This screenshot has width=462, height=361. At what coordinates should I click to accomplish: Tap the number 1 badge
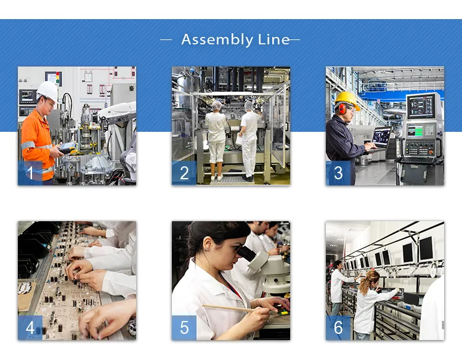pos(30,173)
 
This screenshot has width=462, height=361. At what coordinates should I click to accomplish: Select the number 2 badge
pos(184,173)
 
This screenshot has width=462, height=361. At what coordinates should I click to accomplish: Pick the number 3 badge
pos(338,173)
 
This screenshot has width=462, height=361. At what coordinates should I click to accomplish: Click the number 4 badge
pos(30,328)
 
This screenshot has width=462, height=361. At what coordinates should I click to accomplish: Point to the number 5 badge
pos(184,328)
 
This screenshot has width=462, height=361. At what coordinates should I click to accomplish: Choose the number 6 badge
pos(338,328)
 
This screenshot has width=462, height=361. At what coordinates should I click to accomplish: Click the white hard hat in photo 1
pos(47,90)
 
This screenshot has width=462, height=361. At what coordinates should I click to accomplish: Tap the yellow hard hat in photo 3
pos(347,99)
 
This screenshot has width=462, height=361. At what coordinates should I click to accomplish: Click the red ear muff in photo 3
pos(342,109)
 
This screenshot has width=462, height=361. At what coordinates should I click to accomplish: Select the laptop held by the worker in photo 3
pos(381,137)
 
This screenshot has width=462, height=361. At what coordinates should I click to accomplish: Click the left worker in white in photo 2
pos(216,139)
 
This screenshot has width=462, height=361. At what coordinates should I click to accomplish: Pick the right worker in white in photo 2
pos(249,139)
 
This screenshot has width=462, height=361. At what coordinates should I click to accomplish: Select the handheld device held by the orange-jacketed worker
pos(67,148)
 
